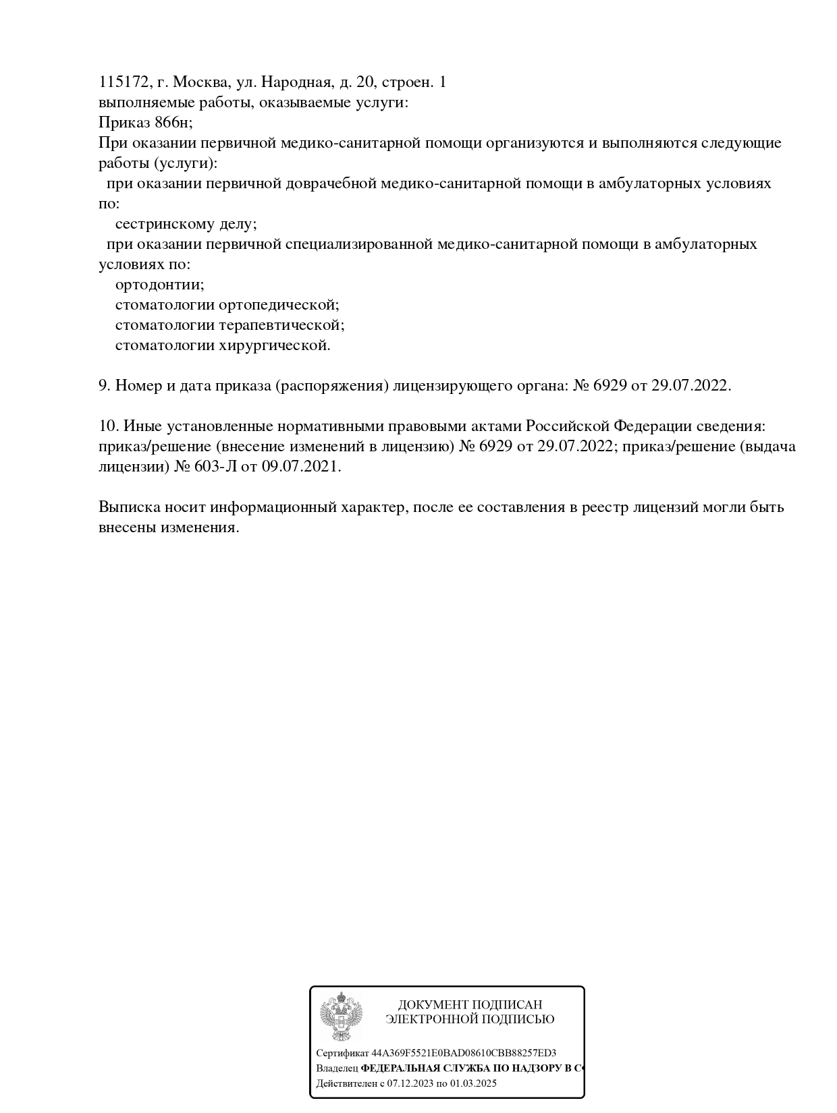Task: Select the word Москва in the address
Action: (200, 82)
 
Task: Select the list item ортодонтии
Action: (159, 285)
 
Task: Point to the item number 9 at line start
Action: (104, 386)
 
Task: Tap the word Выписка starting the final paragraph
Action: (126, 507)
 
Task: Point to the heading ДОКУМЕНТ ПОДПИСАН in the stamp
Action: (470, 1005)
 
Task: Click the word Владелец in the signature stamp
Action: (337, 1068)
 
